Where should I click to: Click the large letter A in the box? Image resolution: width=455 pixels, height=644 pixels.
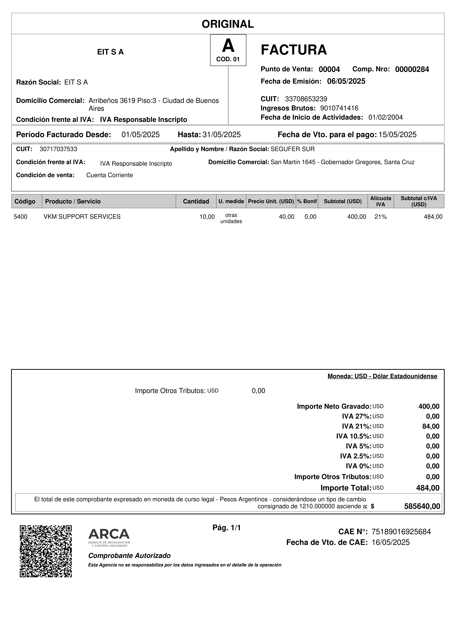pyautogui.click(x=228, y=46)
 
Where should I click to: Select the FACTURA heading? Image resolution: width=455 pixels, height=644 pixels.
pyautogui.click(x=294, y=50)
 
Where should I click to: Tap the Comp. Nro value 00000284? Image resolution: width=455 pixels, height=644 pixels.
pyautogui.click(x=412, y=69)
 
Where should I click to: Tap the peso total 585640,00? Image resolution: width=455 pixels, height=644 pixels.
pyautogui.click(x=422, y=506)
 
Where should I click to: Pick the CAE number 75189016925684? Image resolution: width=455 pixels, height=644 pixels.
pyautogui.click(x=401, y=532)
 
